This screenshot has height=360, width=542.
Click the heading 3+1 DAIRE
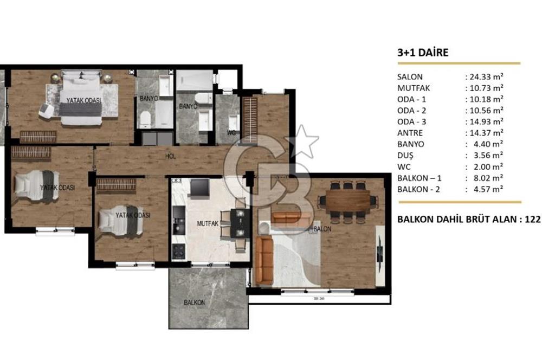(x=423, y=53)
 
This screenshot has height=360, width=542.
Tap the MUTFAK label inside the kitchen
(x=207, y=223)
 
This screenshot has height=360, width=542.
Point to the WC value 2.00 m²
(x=487, y=166)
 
